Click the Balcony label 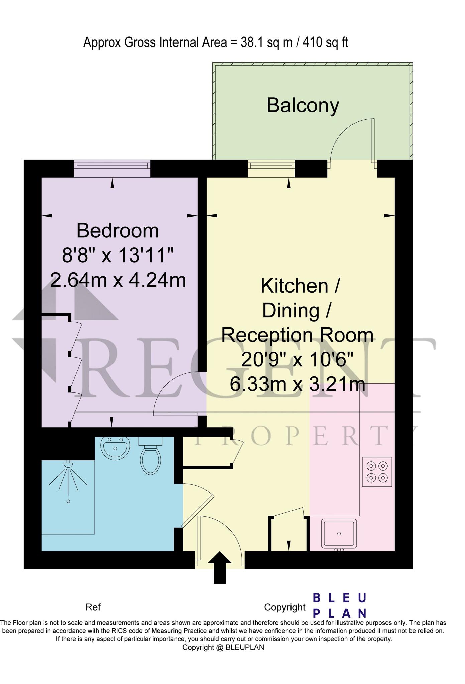pos(303,106)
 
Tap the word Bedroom pos(118,231)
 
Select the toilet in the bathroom pos(150,455)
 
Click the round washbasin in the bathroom pos(115,448)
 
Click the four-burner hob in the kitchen pos(377,472)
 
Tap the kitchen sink pos(339,534)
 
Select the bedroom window pos(112,169)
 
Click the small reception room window pos(271,169)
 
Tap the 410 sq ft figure pos(325,43)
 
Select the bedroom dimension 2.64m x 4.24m pos(118,280)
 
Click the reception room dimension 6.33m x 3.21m pos(297,384)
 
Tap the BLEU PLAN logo pos(340,605)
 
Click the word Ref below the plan pos(93,607)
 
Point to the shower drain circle pos(68,501)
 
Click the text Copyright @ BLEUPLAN pos(223,647)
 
